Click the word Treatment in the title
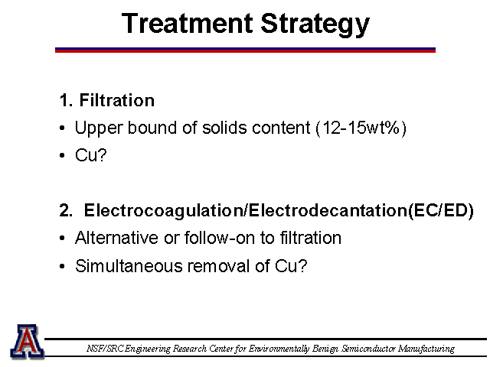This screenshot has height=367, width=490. (x=187, y=23)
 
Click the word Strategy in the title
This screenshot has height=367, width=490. (x=315, y=25)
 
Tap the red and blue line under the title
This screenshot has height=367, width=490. (x=245, y=50)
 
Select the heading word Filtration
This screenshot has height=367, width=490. (x=117, y=100)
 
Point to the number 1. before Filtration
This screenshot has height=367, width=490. (x=66, y=100)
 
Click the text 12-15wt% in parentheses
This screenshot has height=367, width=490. (x=361, y=128)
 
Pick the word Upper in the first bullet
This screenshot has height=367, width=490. (x=98, y=128)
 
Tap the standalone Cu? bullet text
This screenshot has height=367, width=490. (x=91, y=155)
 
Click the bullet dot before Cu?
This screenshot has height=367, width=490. (x=62, y=155)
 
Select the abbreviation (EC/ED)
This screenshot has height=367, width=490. (x=441, y=211)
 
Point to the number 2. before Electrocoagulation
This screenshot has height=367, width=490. (x=66, y=210)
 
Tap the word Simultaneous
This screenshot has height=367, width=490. (x=129, y=266)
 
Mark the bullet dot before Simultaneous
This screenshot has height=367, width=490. (x=62, y=267)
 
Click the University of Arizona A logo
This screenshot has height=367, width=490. (x=28, y=342)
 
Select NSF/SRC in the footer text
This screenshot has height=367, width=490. (x=104, y=349)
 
